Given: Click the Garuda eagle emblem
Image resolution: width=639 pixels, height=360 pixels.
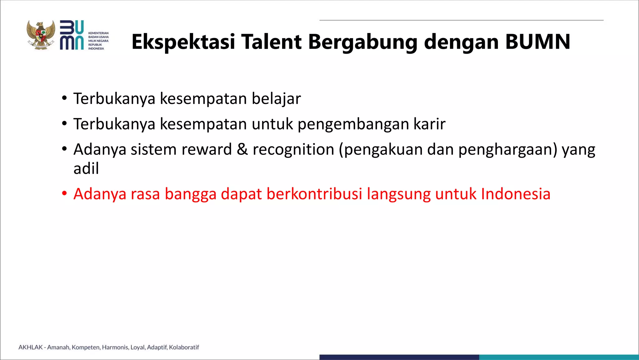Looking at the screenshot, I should (x=41, y=35).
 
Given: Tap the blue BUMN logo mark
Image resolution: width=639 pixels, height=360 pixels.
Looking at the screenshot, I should (x=72, y=35).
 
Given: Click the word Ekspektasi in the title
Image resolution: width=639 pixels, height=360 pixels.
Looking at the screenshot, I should (x=183, y=42).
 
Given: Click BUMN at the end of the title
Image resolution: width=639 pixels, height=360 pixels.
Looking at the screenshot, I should (x=538, y=42).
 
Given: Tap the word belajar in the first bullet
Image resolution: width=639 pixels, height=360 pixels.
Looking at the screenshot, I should (x=276, y=99).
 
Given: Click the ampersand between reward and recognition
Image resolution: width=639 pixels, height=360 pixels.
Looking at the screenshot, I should (x=242, y=149).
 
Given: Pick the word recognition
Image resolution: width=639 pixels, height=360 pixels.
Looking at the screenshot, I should (x=293, y=150).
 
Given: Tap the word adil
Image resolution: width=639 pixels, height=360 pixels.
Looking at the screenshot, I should (x=86, y=169).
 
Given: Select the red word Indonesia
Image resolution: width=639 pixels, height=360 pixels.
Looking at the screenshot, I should (x=515, y=194).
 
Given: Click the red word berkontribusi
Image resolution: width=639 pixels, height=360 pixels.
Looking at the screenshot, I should (x=314, y=194).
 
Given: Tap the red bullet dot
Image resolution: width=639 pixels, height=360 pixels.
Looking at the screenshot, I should (x=64, y=194).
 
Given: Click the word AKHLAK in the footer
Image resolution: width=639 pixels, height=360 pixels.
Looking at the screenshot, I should (x=31, y=347).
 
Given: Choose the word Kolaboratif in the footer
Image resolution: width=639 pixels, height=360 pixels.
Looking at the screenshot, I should (x=184, y=347).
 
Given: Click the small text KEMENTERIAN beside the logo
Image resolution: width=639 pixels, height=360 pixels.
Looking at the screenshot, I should (x=98, y=33).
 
